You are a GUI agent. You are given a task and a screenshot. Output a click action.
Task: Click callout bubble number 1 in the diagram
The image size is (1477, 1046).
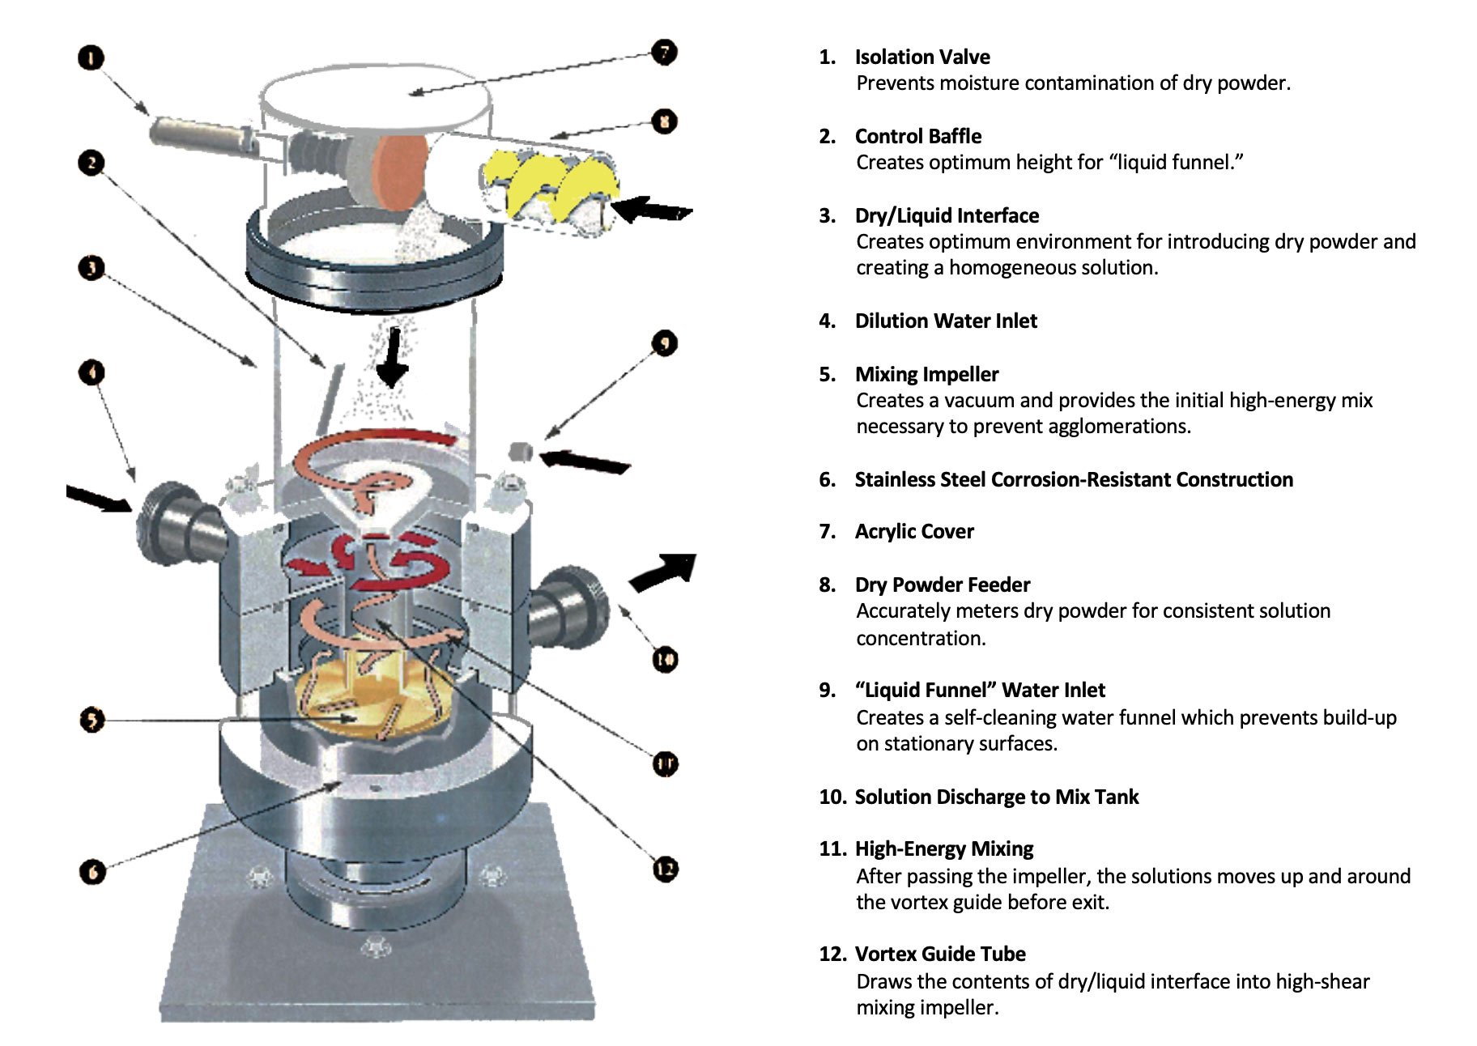[91, 57]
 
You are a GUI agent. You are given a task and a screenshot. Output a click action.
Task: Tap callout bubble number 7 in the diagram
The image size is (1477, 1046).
[664, 53]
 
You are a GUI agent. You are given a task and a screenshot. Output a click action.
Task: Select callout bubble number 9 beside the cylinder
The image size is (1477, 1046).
[664, 343]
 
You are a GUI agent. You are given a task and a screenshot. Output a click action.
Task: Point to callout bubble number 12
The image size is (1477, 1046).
[665, 870]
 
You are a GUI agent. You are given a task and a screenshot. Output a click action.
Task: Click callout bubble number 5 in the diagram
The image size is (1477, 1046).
[92, 719]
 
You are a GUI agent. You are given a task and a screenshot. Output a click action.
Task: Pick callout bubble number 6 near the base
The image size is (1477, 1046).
[92, 871]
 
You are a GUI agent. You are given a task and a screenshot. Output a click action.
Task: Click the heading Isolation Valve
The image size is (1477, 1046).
[922, 57]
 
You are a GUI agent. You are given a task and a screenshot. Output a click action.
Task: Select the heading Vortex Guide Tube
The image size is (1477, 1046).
[939, 954]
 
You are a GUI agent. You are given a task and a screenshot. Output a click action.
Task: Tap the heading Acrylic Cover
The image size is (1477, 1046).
[913, 532]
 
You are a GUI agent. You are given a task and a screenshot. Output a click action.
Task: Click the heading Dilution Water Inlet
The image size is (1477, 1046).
[945, 321]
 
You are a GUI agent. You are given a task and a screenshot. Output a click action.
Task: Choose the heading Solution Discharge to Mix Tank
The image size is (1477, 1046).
[996, 797]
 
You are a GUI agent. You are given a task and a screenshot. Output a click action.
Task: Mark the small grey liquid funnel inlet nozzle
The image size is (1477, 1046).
[521, 451]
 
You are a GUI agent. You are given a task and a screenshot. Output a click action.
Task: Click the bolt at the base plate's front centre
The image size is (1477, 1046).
[374, 945]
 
